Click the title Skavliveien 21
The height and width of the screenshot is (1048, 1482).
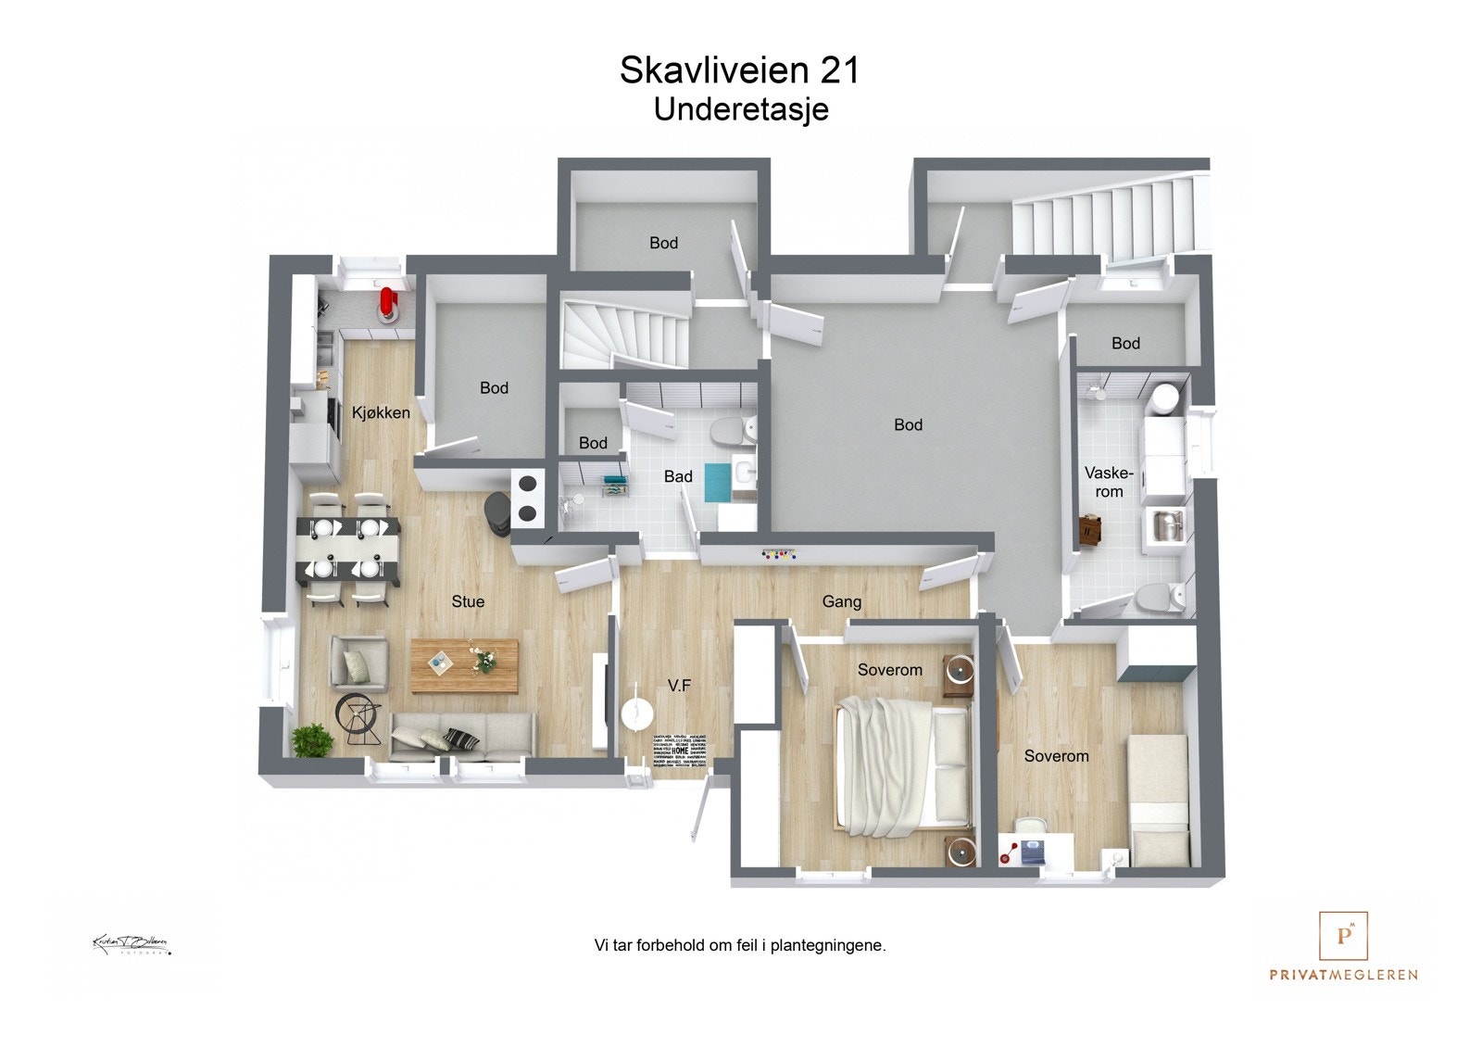[x=739, y=70]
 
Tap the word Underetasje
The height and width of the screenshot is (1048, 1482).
[x=740, y=109]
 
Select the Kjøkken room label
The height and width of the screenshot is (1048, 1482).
[x=381, y=413]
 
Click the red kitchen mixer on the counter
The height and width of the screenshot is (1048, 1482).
[x=388, y=302]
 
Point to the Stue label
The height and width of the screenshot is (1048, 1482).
[x=468, y=601]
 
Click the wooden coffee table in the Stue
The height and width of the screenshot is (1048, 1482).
[x=464, y=664]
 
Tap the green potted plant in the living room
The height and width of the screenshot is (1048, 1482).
[x=312, y=740]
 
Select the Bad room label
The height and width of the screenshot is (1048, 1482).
[x=678, y=476]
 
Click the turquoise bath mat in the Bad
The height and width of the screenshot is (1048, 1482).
[x=718, y=482]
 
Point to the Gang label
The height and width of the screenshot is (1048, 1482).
[x=841, y=601]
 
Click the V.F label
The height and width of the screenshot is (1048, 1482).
[x=679, y=686]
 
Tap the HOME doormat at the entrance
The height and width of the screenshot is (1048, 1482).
[x=680, y=751]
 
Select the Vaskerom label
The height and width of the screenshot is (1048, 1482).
[x=1109, y=482]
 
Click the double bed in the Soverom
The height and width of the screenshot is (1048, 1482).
[x=904, y=764]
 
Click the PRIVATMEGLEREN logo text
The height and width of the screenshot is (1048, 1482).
[x=1343, y=974]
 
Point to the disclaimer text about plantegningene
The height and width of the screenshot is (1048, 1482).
[x=740, y=945]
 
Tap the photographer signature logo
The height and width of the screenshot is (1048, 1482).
[x=130, y=944]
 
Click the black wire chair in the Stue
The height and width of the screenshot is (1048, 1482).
[x=359, y=717]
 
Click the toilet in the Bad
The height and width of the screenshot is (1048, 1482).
[x=731, y=430]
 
